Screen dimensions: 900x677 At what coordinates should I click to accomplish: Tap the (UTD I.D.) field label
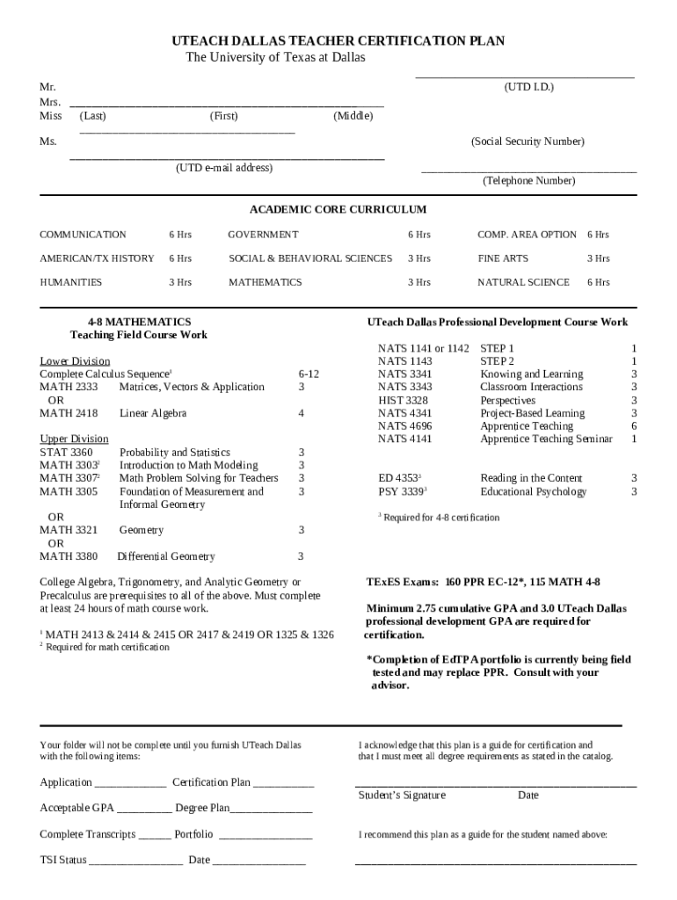click(x=528, y=87)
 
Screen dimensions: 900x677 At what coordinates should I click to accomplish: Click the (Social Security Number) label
click(x=528, y=142)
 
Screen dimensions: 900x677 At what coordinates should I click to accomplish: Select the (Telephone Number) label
click(x=528, y=180)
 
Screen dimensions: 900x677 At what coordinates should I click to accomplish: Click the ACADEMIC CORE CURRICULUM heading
click(x=338, y=209)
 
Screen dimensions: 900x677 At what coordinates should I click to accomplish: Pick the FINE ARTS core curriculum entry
click(x=503, y=258)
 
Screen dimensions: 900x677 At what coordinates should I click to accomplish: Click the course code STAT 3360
click(x=66, y=453)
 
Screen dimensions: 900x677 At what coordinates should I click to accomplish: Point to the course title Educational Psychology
click(x=533, y=491)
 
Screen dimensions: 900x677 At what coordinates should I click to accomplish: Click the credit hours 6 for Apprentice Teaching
click(x=633, y=426)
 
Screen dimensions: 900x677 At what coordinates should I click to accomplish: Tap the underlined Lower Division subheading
click(x=75, y=361)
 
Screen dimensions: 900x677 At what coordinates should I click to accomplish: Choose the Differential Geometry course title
click(x=166, y=556)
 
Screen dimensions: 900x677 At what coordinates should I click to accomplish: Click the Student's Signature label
click(x=402, y=795)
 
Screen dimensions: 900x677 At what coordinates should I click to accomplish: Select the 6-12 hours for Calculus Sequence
click(x=309, y=374)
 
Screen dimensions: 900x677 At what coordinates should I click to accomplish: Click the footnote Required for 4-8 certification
click(x=440, y=518)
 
